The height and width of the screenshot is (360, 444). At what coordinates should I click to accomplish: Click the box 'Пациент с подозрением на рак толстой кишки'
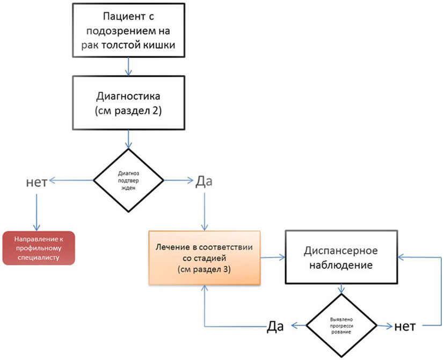(x=128, y=30)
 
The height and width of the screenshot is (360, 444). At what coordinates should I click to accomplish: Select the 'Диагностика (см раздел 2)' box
(x=128, y=102)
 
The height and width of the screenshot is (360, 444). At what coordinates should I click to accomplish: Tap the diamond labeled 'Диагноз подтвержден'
(x=128, y=180)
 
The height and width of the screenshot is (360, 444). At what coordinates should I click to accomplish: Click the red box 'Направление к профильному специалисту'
(x=39, y=248)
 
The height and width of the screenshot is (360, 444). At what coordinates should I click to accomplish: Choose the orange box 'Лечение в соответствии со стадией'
(x=205, y=258)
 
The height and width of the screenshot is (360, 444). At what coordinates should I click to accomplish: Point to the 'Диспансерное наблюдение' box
(x=341, y=257)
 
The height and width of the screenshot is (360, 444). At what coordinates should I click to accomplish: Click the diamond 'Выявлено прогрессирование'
(x=341, y=326)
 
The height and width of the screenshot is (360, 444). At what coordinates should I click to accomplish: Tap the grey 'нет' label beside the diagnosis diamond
(x=37, y=182)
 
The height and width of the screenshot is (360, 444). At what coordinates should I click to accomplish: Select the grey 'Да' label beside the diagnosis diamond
(x=204, y=181)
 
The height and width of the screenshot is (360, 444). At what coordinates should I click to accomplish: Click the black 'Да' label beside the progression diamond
(x=275, y=326)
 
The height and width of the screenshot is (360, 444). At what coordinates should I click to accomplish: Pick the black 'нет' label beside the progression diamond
(x=405, y=327)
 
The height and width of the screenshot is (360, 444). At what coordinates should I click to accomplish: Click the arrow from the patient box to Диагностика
(x=128, y=67)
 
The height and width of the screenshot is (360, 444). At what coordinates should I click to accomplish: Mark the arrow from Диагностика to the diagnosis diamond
(x=128, y=139)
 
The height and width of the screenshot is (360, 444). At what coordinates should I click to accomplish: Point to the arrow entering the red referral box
(x=37, y=212)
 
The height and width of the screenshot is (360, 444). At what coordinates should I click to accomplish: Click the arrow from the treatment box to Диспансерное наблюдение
(x=273, y=258)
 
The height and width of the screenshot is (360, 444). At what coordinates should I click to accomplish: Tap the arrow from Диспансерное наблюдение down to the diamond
(x=341, y=289)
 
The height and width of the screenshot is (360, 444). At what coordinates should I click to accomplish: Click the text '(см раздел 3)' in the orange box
(x=204, y=269)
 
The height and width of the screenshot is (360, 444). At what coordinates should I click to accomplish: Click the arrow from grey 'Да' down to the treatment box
(x=205, y=212)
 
